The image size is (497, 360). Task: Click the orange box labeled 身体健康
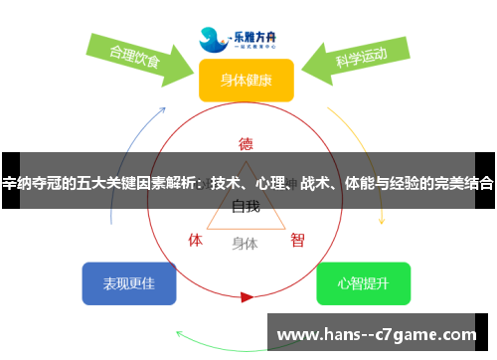(246, 80)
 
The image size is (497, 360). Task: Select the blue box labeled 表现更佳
(129, 283)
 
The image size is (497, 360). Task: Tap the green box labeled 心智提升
(363, 283)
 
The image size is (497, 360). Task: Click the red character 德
(246, 142)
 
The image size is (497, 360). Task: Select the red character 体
(196, 240)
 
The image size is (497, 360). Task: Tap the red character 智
(297, 240)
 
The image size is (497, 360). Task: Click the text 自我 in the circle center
(246, 207)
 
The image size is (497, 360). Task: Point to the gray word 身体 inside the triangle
(246, 242)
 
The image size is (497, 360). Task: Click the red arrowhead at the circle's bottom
(247, 296)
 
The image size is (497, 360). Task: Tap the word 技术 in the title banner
(226, 183)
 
